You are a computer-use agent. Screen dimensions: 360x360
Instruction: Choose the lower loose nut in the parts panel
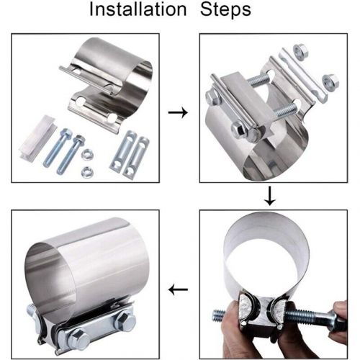click(x=87, y=171)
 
